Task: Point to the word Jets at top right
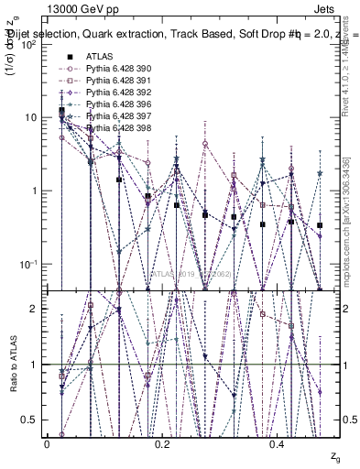tap(338, 8)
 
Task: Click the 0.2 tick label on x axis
tap(163, 443)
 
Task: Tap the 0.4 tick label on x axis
tap(279, 443)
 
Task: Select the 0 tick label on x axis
tap(47, 443)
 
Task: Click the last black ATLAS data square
tap(320, 225)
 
